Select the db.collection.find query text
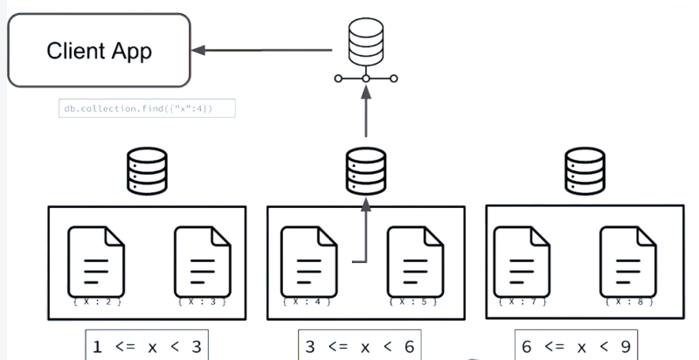148,108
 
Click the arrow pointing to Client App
262,51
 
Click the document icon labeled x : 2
95,260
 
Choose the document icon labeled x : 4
308,260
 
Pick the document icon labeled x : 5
414,260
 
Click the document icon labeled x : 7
521,260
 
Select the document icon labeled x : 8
626,260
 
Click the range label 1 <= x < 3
148,346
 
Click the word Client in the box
73,52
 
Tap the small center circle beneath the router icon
366,80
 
